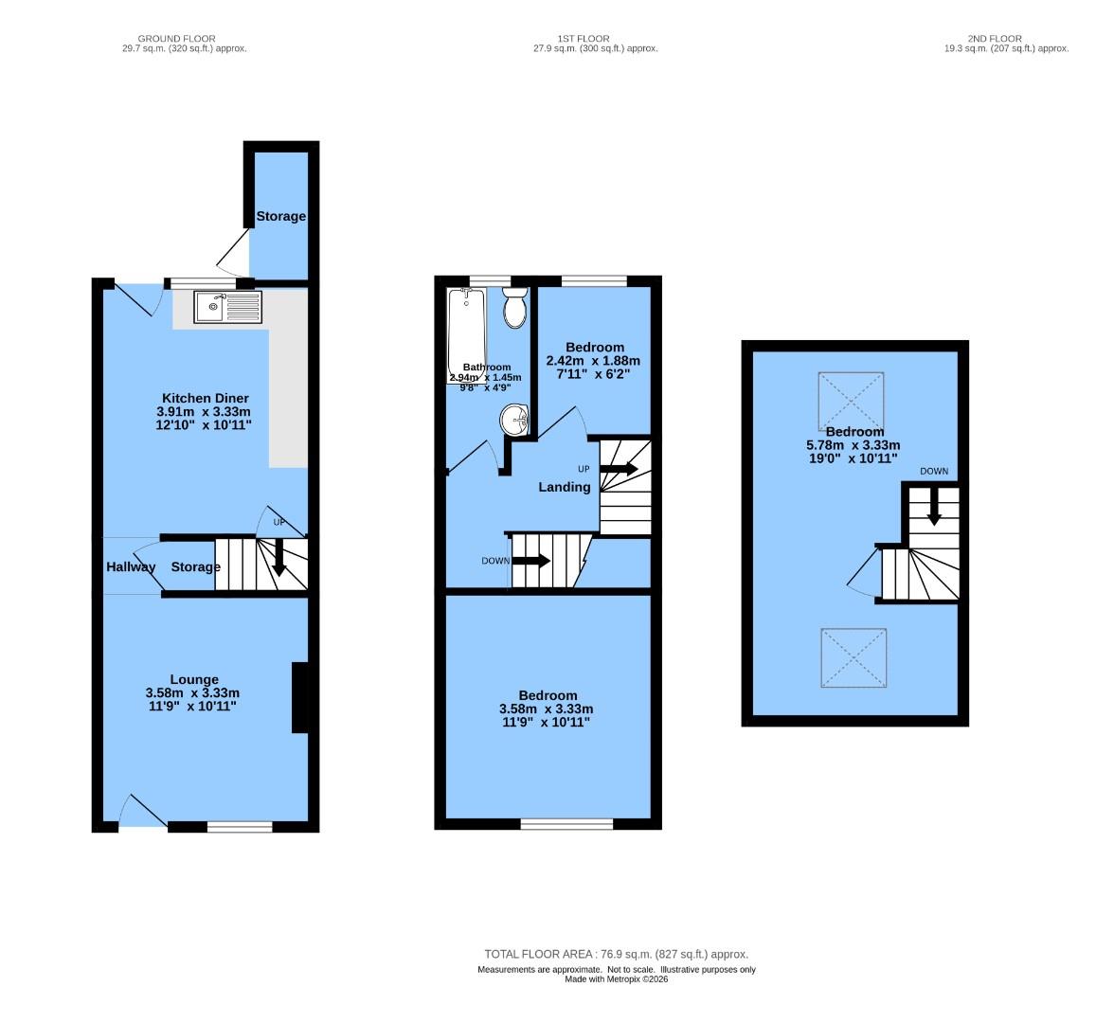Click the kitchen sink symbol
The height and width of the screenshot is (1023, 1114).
click(x=227, y=307)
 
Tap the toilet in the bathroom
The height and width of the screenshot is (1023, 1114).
click(x=514, y=309)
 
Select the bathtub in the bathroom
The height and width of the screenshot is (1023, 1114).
click(x=467, y=332)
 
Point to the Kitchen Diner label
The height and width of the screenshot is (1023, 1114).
click(x=205, y=398)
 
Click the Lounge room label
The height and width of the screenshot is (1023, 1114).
click(x=194, y=679)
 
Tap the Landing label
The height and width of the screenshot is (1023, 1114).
click(x=565, y=487)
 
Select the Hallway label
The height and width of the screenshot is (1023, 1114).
click(x=131, y=566)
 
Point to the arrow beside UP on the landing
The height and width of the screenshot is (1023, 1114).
click(x=619, y=469)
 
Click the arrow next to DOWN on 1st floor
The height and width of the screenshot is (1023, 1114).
click(x=531, y=560)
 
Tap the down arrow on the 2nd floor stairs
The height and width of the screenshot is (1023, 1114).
click(x=934, y=508)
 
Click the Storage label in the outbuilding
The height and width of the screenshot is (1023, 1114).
click(x=281, y=216)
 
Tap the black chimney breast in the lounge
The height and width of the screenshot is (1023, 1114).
click(x=299, y=698)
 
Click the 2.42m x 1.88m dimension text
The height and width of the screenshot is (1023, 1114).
click(x=593, y=361)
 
